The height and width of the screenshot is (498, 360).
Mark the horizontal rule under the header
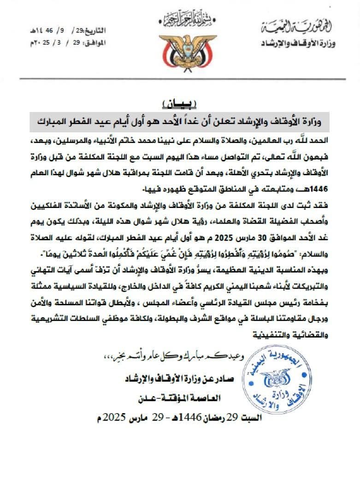click(x=180, y=79)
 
